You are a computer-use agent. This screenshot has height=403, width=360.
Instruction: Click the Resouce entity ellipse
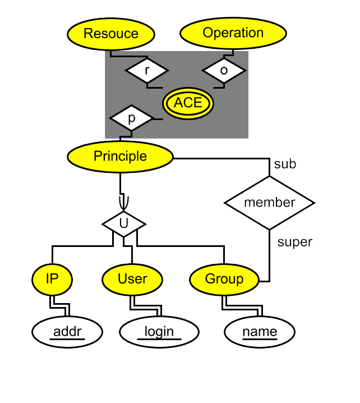click(x=110, y=34)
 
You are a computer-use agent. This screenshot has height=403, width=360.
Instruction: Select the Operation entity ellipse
click(x=233, y=33)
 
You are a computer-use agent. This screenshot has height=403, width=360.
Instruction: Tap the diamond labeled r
click(x=146, y=71)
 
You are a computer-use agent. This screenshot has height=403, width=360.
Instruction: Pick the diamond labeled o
click(x=224, y=71)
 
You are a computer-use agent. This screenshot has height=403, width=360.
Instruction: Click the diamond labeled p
click(x=131, y=118)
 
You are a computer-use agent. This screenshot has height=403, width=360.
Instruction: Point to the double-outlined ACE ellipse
click(x=188, y=103)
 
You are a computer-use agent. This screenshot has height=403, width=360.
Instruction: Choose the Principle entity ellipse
click(x=120, y=157)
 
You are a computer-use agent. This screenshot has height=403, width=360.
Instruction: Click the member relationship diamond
click(x=269, y=203)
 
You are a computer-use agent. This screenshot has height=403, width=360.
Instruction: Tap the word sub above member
click(x=285, y=164)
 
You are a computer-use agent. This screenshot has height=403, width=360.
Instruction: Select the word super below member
click(x=295, y=242)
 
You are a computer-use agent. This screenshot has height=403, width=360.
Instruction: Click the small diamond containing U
click(x=123, y=224)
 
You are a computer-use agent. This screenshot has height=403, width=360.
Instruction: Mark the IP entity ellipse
click(x=52, y=279)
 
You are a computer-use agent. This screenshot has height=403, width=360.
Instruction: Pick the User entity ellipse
click(x=132, y=279)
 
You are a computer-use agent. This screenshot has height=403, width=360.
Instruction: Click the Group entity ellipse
click(x=224, y=279)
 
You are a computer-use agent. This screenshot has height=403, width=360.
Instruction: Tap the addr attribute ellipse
click(x=67, y=332)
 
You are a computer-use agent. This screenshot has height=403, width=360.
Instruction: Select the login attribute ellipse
click(x=159, y=332)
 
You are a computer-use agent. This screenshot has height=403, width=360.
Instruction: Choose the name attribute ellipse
click(x=260, y=332)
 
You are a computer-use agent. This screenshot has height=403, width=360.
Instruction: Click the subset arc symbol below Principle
click(x=124, y=202)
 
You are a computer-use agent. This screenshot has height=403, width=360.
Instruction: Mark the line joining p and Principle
click(x=126, y=135)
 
